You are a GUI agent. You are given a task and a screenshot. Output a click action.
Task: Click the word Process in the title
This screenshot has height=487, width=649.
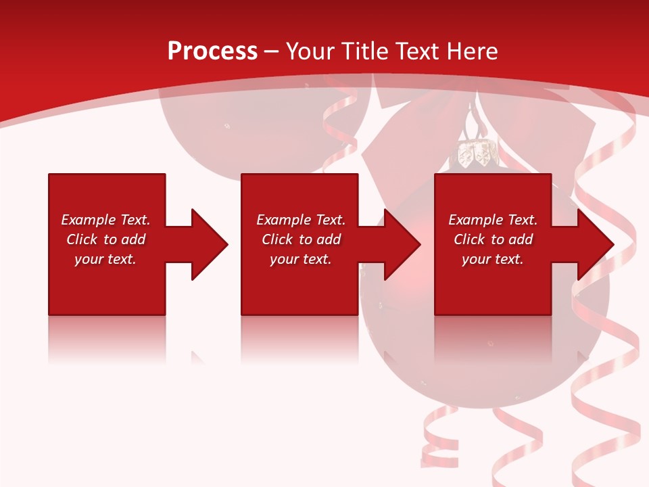coord(212,51)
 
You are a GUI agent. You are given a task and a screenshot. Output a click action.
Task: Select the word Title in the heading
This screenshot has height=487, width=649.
coord(365,51)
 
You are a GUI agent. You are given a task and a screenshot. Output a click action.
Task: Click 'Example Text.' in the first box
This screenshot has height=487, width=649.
coord(105,220)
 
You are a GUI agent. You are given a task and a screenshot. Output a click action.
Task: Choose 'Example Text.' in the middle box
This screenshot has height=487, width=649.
coord(301,220)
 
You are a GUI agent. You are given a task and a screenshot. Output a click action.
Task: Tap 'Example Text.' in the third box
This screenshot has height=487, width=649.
coord(493,220)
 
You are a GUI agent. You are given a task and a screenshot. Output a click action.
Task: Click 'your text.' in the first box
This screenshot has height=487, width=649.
coord(105,259)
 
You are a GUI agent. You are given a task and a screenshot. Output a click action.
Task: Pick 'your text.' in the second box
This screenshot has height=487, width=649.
coord(301,259)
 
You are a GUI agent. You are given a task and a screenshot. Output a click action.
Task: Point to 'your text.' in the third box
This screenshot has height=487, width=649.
coord(493,259)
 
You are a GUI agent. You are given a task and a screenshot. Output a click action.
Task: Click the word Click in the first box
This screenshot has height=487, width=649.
coord(82,239)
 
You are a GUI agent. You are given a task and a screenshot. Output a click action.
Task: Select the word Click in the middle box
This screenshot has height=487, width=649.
coord(277,239)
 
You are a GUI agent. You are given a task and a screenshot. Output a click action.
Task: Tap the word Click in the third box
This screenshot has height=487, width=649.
coord(469,239)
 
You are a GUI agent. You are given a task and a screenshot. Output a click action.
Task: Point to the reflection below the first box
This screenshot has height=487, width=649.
coord(107,338)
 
